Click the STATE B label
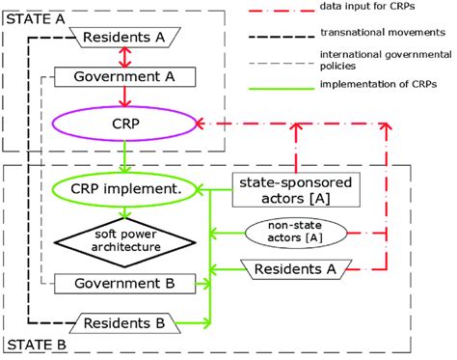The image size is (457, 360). click(30, 345)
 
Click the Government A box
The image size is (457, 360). click(125, 76)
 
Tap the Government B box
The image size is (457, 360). click(125, 284)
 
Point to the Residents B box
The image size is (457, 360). click(125, 321)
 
